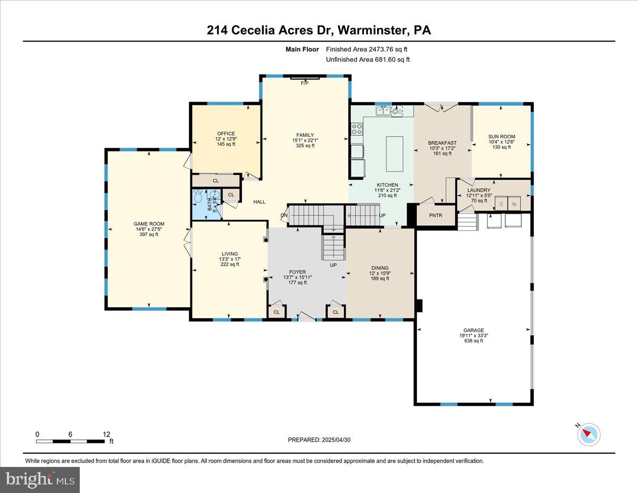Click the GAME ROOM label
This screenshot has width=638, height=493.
click(149, 224)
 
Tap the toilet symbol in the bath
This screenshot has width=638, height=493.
click(198, 198)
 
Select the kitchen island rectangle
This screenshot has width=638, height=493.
click(394, 154)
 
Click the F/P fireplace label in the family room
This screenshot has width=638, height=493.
click(305, 83)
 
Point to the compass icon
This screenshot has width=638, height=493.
click(589, 434)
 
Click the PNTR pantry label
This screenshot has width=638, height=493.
click(436, 215)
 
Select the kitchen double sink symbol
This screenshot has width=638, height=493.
click(384, 111)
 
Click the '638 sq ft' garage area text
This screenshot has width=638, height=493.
click(474, 341)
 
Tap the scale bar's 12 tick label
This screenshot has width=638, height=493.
click(106, 434)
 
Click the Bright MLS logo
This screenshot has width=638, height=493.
click(40, 480)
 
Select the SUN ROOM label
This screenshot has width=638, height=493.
click(501, 137)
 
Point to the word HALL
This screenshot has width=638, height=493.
click(259, 202)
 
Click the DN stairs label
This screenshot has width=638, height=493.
click(284, 215)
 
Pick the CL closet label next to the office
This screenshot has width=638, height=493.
click(216, 181)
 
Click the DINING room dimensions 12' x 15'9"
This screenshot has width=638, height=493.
click(380, 273)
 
